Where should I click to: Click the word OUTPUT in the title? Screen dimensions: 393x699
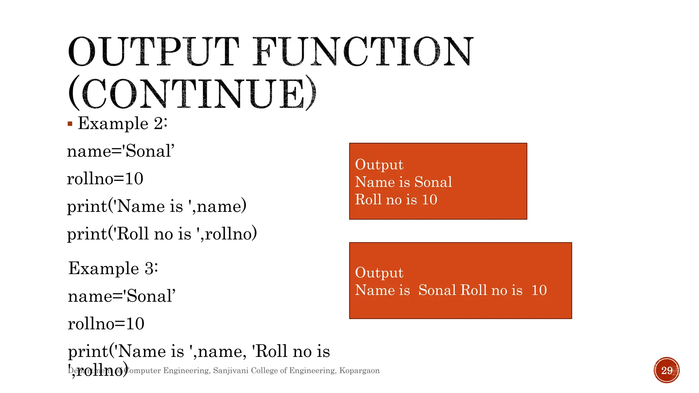pyautogui.click(x=154, y=52)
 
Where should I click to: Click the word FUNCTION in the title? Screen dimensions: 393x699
pyautogui.click(x=362, y=52)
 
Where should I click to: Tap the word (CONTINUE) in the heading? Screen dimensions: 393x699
pyautogui.click(x=192, y=93)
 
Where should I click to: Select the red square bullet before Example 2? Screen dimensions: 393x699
pyautogui.click(x=70, y=124)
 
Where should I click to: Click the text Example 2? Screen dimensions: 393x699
pyautogui.click(x=123, y=123)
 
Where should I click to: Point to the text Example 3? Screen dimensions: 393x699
pyautogui.click(x=113, y=268)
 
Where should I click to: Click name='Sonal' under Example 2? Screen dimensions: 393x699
pyautogui.click(x=120, y=151)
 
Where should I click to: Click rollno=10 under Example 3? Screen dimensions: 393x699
pyautogui.click(x=106, y=323)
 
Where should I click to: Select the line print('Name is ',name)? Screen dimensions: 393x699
pyautogui.click(x=156, y=206)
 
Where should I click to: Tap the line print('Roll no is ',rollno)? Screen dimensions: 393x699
pyautogui.click(x=162, y=234)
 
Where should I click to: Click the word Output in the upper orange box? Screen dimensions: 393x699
pyautogui.click(x=379, y=164)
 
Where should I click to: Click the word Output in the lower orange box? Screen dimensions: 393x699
pyautogui.click(x=379, y=273)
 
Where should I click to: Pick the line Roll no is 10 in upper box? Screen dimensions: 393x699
pyautogui.click(x=396, y=200)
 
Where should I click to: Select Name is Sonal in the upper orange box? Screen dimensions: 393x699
pyautogui.click(x=403, y=182)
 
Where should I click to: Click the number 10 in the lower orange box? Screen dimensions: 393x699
pyautogui.click(x=539, y=290)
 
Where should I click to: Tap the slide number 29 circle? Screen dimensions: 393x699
pyautogui.click(x=666, y=370)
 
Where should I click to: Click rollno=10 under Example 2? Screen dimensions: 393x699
pyautogui.click(x=105, y=179)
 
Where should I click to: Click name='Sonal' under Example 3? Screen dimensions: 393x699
pyautogui.click(x=122, y=296)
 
